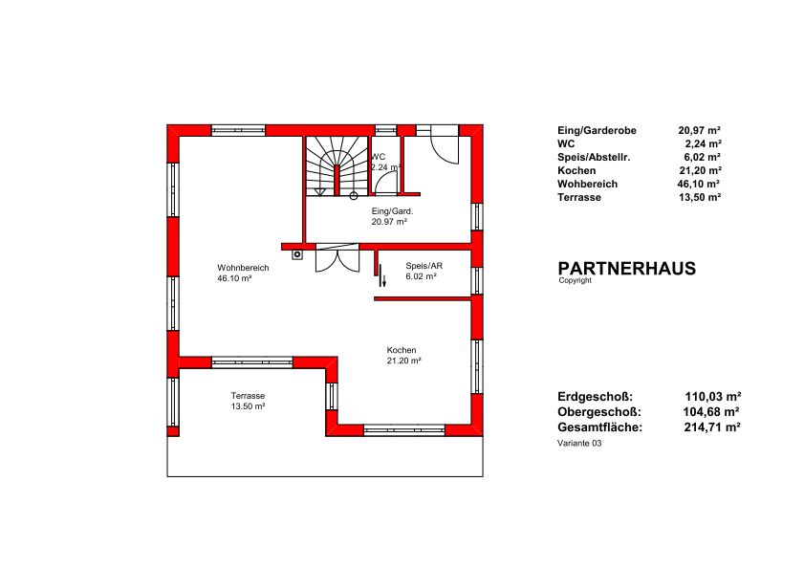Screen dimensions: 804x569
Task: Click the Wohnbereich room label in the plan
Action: (243, 268)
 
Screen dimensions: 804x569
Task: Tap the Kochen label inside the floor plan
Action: (402, 350)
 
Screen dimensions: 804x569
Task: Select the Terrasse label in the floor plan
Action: (248, 396)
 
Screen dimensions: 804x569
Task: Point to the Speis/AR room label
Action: (424, 266)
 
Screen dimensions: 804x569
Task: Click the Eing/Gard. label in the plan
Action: (392, 211)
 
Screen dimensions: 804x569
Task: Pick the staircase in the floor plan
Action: (337, 166)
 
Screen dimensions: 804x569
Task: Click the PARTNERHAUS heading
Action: (626, 269)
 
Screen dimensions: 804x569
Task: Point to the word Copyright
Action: (575, 280)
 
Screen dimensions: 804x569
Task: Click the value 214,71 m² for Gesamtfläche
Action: (712, 427)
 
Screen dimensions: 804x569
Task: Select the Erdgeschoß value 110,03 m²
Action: (713, 397)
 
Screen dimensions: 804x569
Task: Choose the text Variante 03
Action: (579, 444)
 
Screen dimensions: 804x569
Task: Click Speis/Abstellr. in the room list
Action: (594, 158)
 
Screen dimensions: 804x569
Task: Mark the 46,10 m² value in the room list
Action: (699, 184)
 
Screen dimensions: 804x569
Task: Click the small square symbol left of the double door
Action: (297, 254)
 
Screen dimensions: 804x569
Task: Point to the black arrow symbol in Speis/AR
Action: (382, 279)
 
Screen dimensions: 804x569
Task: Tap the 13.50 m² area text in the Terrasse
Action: (248, 406)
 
